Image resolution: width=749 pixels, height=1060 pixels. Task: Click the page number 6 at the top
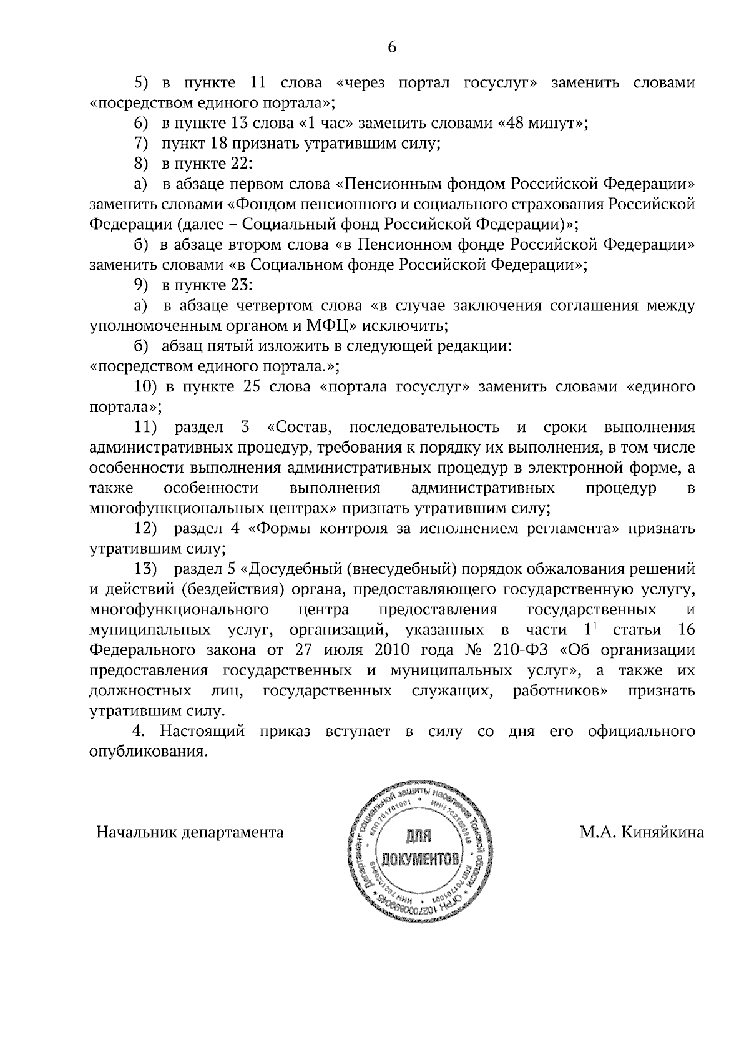pyautogui.click(x=392, y=48)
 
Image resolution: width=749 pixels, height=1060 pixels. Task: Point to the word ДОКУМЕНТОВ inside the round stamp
pyautogui.click(x=415, y=860)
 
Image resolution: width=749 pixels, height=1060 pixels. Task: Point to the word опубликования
pyautogui.click(x=148, y=752)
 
